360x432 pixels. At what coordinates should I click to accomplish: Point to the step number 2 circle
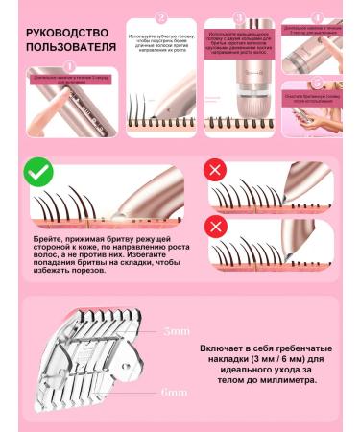tap(161, 16)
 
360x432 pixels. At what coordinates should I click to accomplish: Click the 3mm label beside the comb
tap(176, 331)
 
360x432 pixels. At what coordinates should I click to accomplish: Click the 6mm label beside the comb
tap(176, 393)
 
